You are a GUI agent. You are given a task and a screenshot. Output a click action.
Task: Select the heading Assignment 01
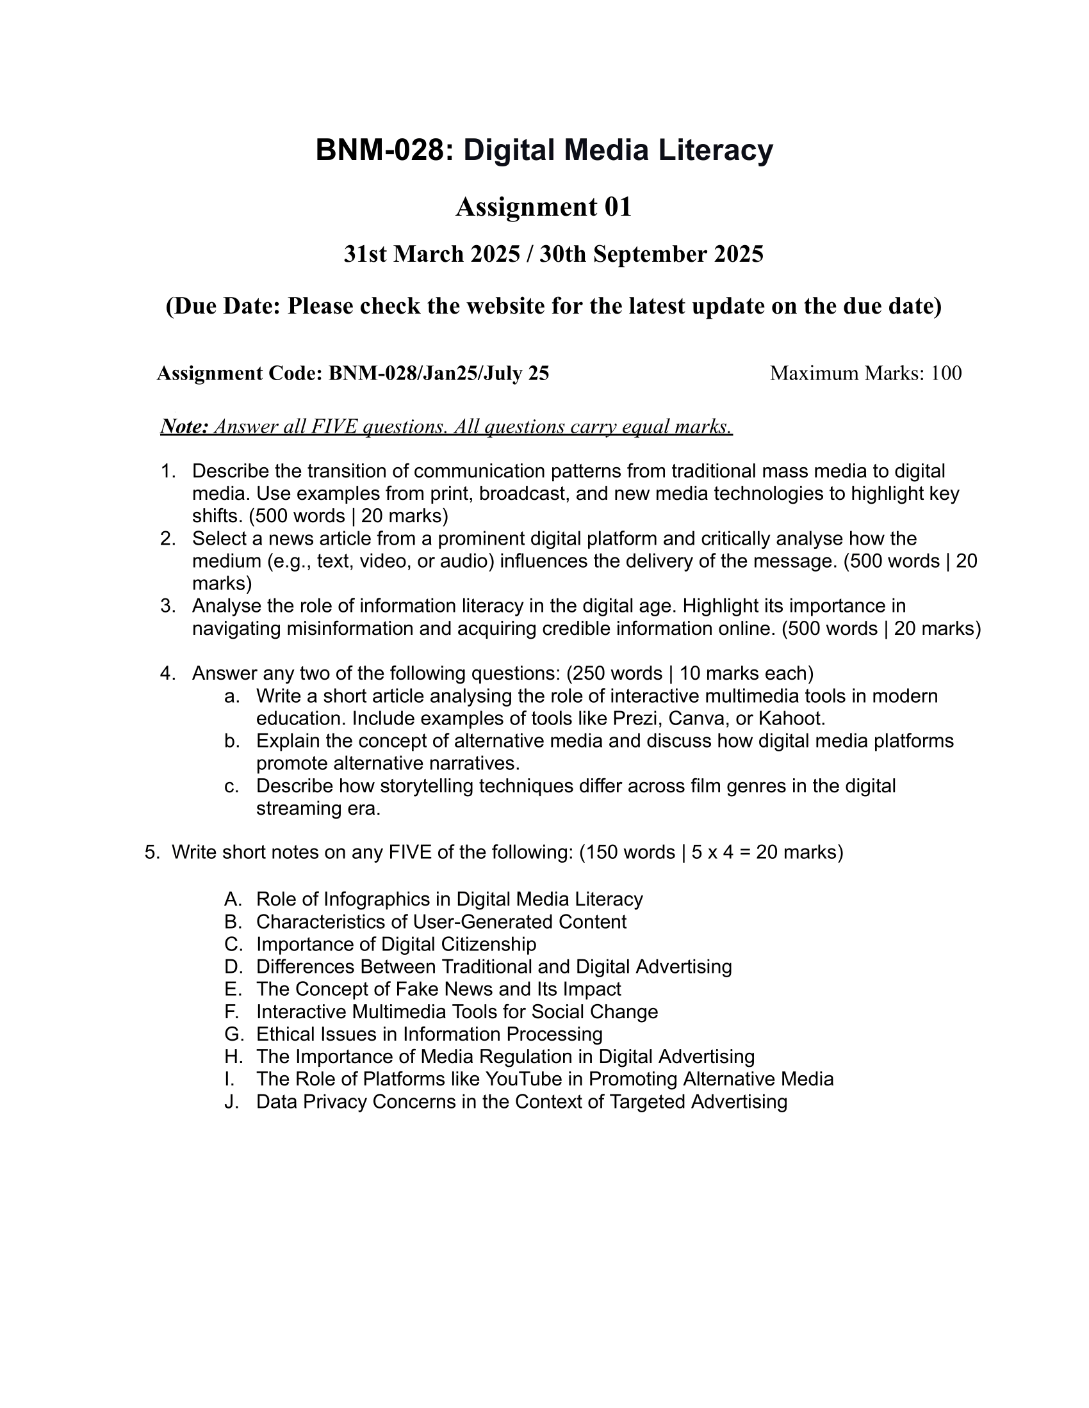click(x=543, y=207)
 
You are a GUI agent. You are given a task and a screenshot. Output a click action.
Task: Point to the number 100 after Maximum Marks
click(x=946, y=372)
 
